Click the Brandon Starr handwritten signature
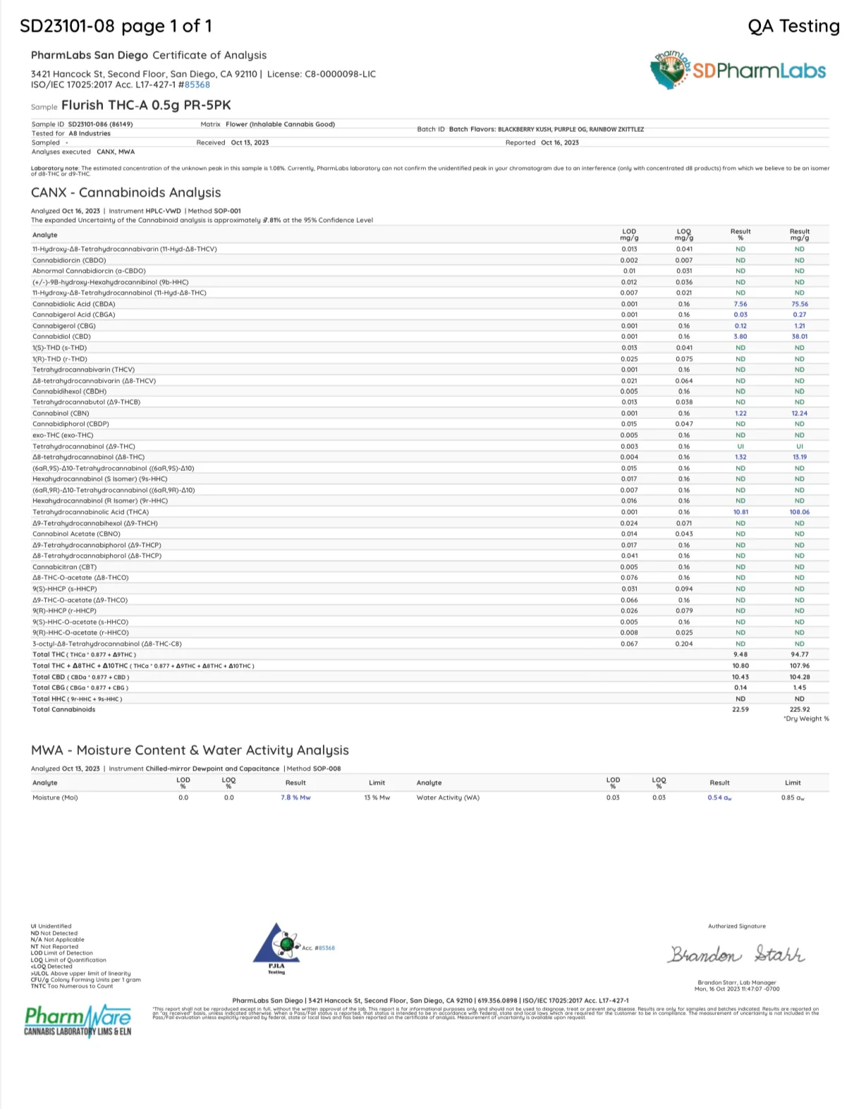click(736, 955)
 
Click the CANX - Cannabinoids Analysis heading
click(126, 192)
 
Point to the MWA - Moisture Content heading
click(190, 750)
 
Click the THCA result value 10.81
click(740, 512)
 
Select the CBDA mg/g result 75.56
click(799, 304)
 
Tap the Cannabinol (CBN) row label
click(61, 413)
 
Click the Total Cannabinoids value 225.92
click(799, 709)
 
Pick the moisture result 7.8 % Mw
click(296, 797)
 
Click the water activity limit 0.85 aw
click(793, 797)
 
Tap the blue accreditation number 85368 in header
click(197, 85)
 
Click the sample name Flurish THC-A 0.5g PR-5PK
click(146, 105)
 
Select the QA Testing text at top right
click(793, 26)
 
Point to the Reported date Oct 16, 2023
click(559, 142)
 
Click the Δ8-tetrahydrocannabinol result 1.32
click(740, 457)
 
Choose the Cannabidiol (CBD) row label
click(61, 336)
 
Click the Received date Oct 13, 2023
click(250, 142)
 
